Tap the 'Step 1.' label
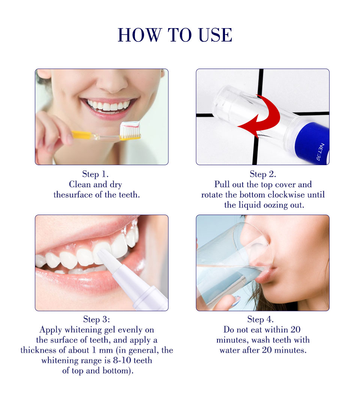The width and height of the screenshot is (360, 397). pyautogui.click(x=95, y=174)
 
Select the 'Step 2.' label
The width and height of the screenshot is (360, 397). pyautogui.click(x=263, y=174)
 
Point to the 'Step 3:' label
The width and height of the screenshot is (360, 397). pyautogui.click(x=96, y=319)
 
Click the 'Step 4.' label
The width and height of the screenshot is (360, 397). pyautogui.click(x=260, y=319)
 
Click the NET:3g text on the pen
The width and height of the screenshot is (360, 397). pyautogui.click(x=320, y=152)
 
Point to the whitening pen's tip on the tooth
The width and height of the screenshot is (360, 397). pyautogui.click(x=102, y=252)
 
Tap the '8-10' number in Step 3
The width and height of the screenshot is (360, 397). pyautogui.click(x=122, y=360)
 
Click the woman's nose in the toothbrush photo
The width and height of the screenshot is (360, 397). pyautogui.click(x=112, y=82)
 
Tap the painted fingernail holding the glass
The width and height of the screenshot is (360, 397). pyautogui.click(x=236, y=301)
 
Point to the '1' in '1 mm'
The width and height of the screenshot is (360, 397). pyautogui.click(x=94, y=350)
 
